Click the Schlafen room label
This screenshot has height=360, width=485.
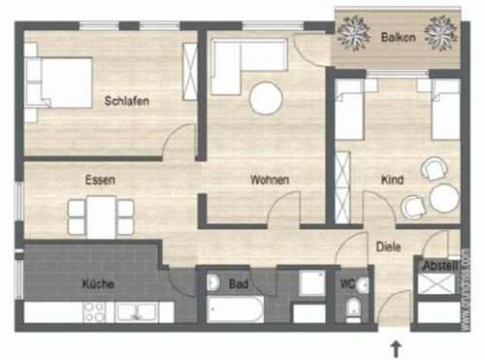(x=126, y=100)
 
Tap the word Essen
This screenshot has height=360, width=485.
(x=101, y=180)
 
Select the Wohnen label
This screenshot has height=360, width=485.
(x=270, y=180)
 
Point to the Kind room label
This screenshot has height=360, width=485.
(x=393, y=180)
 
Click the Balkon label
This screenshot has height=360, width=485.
(x=400, y=38)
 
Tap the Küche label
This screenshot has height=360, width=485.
(x=99, y=284)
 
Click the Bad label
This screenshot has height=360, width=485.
(x=239, y=285)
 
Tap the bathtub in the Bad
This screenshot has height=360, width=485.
(x=233, y=311)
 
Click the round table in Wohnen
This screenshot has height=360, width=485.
(x=266, y=99)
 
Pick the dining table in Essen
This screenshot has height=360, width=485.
(x=101, y=215)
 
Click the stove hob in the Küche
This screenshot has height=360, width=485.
(x=95, y=312)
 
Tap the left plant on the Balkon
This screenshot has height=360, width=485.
(x=351, y=34)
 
